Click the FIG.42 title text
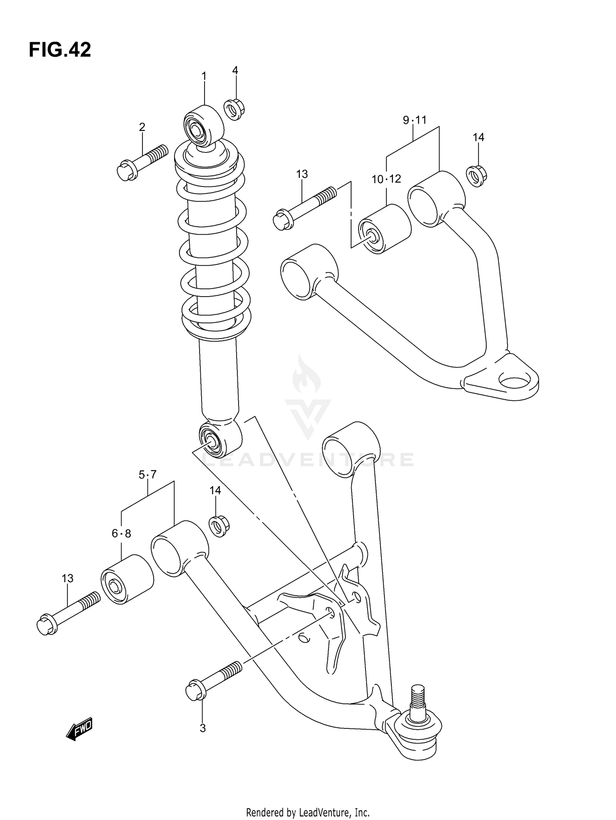(60, 50)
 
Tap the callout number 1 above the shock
(204, 76)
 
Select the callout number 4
(235, 70)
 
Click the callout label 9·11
(414, 120)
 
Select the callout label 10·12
(386, 179)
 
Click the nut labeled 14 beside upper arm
(476, 175)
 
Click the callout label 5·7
(147, 475)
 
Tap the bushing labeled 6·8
(127, 580)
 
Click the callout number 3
(202, 728)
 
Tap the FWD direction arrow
(80, 728)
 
